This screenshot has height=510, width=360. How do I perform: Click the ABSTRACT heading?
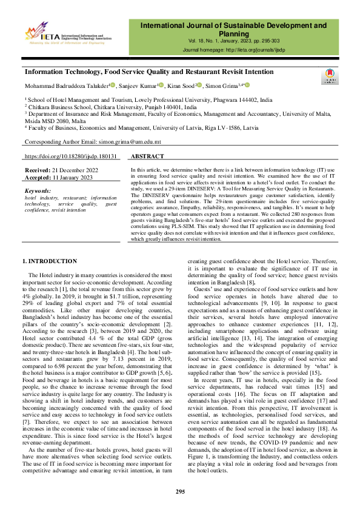point(147,156)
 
